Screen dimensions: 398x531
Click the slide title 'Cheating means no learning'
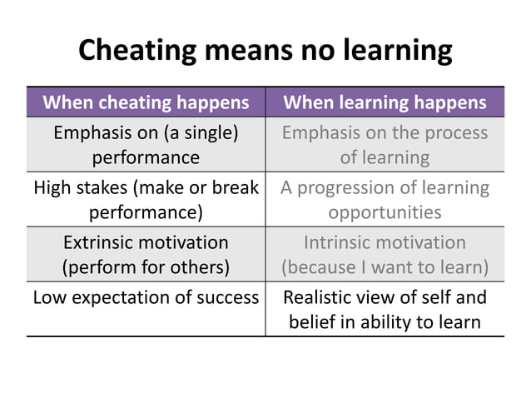[265, 51]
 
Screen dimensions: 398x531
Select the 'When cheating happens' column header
[146, 102]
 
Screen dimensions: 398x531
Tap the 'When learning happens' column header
[385, 102]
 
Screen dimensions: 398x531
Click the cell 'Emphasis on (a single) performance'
[146, 144]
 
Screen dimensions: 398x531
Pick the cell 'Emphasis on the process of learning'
[385, 144]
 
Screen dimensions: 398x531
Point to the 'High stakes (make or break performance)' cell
[146, 199]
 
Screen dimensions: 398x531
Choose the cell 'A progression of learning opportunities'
[385, 199]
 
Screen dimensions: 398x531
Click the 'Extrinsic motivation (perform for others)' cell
[146, 255]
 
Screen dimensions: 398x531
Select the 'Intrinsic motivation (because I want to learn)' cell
[385, 255]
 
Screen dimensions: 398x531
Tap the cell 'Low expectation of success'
[146, 297]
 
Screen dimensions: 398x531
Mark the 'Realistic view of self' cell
[385, 309]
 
